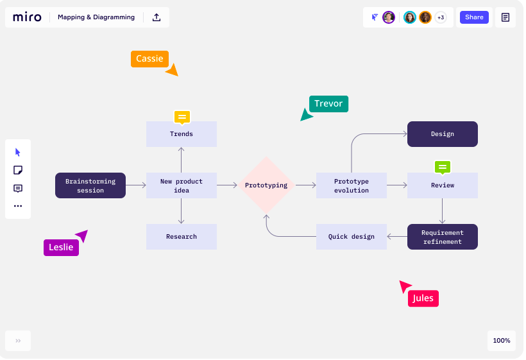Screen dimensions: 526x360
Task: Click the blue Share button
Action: click(474, 17)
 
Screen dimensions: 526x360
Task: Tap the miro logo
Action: click(27, 17)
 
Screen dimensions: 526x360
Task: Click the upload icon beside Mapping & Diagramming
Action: click(157, 17)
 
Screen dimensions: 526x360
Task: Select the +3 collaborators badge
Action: click(441, 17)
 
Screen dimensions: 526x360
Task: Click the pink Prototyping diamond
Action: click(266, 185)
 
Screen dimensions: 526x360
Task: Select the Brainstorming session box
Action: click(90, 185)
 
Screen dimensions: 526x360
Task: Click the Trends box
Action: click(181, 134)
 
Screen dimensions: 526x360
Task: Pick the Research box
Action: click(181, 237)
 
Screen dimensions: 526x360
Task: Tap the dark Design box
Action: click(443, 134)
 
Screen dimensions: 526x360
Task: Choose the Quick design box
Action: click(352, 237)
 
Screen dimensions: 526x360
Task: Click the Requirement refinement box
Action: click(443, 237)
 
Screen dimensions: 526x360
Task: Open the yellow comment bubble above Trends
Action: click(182, 117)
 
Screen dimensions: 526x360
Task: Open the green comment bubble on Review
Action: click(443, 167)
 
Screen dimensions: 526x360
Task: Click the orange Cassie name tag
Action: click(149, 58)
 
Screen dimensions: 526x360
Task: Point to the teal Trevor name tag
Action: click(328, 104)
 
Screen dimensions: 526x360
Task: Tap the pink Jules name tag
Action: click(423, 298)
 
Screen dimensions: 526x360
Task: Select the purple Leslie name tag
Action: click(61, 248)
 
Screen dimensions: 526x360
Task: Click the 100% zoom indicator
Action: click(502, 341)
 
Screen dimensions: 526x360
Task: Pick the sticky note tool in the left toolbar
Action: click(18, 170)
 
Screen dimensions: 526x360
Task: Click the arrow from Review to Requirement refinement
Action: click(442, 211)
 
